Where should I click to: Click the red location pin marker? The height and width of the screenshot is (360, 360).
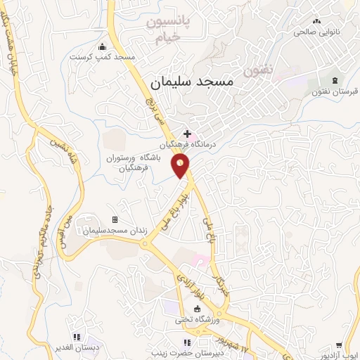point(181,165)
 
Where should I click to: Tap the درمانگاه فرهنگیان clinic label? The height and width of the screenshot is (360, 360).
point(187,143)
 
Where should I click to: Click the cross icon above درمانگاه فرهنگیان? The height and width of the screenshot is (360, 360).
point(187,132)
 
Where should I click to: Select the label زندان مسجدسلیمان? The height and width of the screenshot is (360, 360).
point(115,231)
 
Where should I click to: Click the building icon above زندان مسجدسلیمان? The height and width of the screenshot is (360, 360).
point(115,220)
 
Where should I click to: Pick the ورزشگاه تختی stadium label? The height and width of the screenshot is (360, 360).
point(198,321)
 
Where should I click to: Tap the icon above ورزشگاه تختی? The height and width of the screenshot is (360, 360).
point(198,309)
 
